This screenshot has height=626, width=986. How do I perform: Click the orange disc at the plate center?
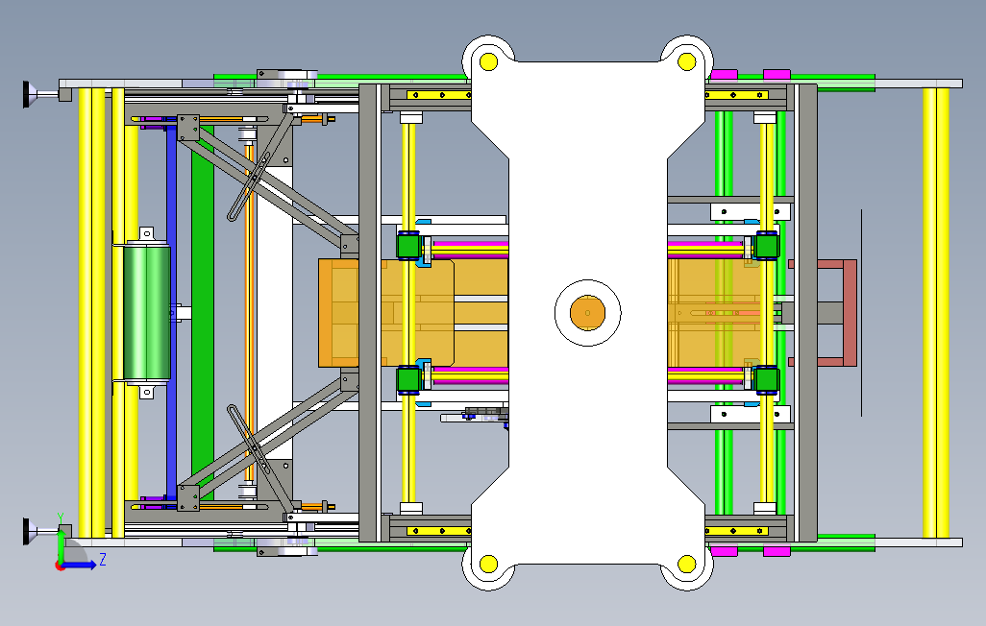point(587,312)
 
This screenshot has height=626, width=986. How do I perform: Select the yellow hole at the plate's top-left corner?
point(488,61)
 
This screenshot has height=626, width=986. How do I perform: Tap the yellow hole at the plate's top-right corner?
point(687,61)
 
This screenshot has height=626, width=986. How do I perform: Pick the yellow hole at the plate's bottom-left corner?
point(488,564)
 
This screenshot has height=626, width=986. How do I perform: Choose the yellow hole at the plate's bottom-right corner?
point(687,564)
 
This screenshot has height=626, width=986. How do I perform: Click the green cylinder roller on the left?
point(147,312)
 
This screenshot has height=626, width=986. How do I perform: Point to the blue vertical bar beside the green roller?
point(171,312)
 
